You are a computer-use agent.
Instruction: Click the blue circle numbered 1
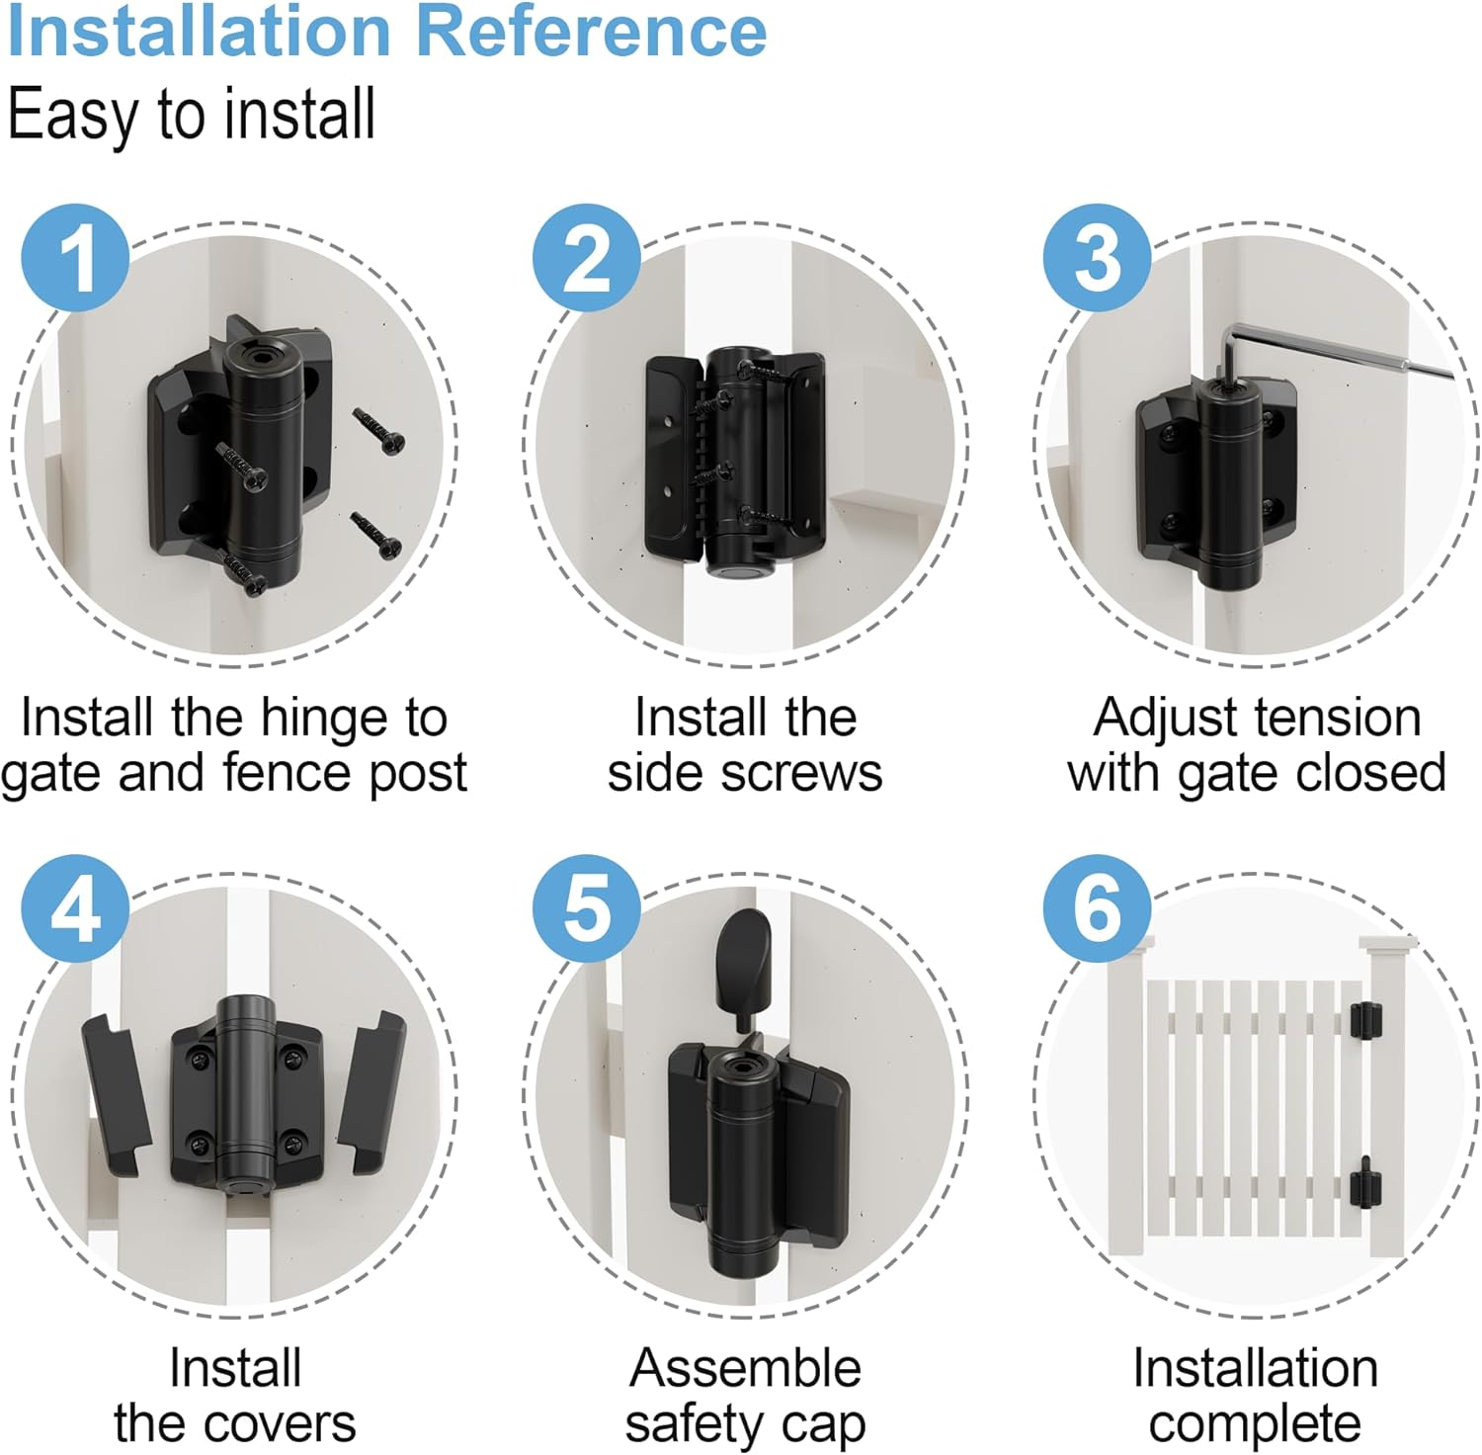click(x=75, y=258)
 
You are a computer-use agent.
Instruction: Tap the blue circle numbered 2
click(x=587, y=258)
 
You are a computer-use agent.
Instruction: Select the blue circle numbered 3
click(x=1098, y=258)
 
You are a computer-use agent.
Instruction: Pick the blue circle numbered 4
click(x=75, y=908)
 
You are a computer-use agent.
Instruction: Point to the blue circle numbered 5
click(x=587, y=908)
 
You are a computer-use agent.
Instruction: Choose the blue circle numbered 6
click(x=1098, y=908)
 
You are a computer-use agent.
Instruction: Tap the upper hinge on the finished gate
click(x=1365, y=1020)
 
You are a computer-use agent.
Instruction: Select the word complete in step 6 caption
click(x=1255, y=1424)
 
